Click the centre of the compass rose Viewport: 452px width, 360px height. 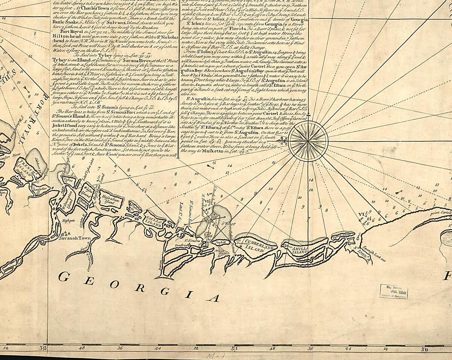[308, 141]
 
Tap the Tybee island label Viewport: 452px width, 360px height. [68, 180]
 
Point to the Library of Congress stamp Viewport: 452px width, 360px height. [394, 291]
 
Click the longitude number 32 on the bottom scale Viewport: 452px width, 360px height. [43, 348]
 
